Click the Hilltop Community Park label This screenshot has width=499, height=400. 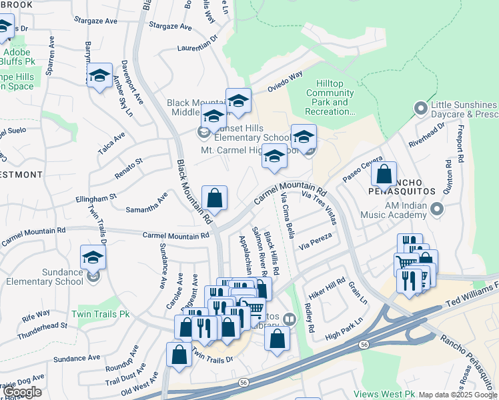point(330,97)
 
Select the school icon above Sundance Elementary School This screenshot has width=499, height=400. point(93,257)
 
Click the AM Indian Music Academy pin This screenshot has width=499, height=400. point(436,210)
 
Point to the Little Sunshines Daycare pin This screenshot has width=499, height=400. point(420,107)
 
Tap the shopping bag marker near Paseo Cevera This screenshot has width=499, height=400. point(384,175)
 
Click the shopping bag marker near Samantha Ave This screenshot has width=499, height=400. point(214,198)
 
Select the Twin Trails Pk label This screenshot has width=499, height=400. point(101,314)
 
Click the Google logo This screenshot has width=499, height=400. point(22,392)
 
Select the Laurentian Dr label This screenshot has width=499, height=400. point(198,44)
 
